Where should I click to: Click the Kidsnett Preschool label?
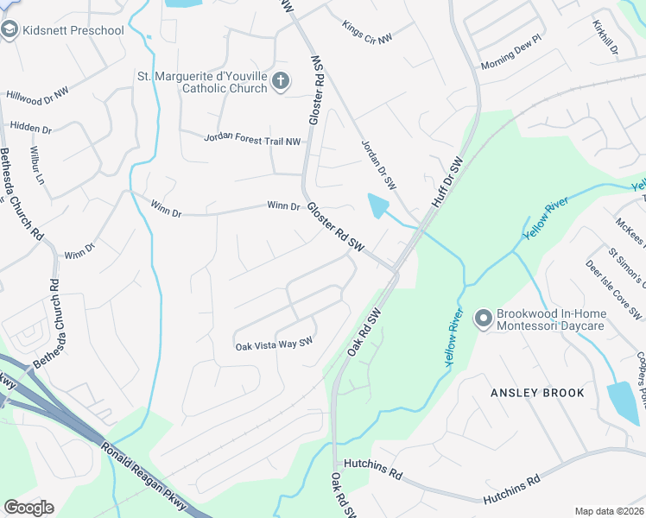pyautogui.click(x=74, y=30)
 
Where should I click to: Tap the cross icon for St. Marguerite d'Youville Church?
pyautogui.click(x=279, y=82)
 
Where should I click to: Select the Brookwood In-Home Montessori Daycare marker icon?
pyautogui.click(x=483, y=319)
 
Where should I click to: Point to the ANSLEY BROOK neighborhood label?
pyautogui.click(x=537, y=393)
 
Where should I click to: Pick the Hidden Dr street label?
pyautogui.click(x=31, y=128)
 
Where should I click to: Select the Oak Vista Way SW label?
pyautogui.click(x=273, y=344)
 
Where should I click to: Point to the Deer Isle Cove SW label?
pyautogui.click(x=614, y=288)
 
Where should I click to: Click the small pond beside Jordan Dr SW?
pyautogui.click(x=378, y=205)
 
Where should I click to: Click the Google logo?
pyautogui.click(x=28, y=508)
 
